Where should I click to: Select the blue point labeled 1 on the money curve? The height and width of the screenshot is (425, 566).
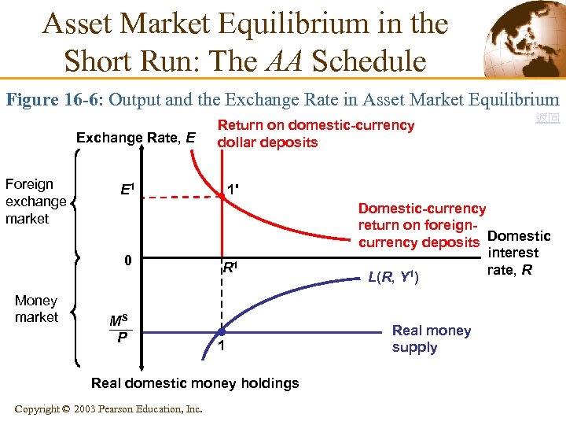(x=222, y=332)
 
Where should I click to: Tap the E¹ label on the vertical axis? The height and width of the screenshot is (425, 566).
(x=127, y=190)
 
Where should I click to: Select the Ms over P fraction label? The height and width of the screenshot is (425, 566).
(x=119, y=329)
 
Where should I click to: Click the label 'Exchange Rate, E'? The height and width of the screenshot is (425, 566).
(x=135, y=139)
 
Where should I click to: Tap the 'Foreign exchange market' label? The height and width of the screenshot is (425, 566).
(x=35, y=201)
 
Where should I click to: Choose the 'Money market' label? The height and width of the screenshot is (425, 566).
(x=36, y=309)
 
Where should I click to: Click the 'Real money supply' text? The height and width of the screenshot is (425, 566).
(x=431, y=339)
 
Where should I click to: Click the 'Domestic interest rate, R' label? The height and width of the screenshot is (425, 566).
(x=518, y=253)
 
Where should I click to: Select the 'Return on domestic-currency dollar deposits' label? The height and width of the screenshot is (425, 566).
(x=315, y=134)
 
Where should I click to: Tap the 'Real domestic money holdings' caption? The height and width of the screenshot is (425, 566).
(x=195, y=383)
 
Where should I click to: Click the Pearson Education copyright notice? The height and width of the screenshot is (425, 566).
(x=108, y=408)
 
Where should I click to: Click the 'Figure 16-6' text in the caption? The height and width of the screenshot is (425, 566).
(x=54, y=100)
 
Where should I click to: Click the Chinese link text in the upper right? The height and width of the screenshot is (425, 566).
(x=547, y=118)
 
